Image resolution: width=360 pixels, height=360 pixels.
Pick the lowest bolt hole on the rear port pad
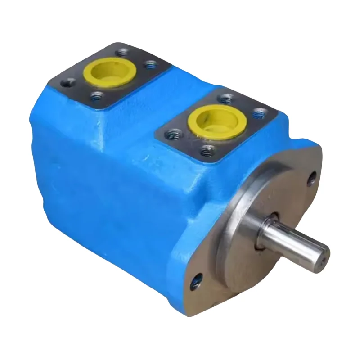click(x=96, y=96)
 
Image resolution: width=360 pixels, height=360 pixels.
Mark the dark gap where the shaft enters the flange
click(x=265, y=232)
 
